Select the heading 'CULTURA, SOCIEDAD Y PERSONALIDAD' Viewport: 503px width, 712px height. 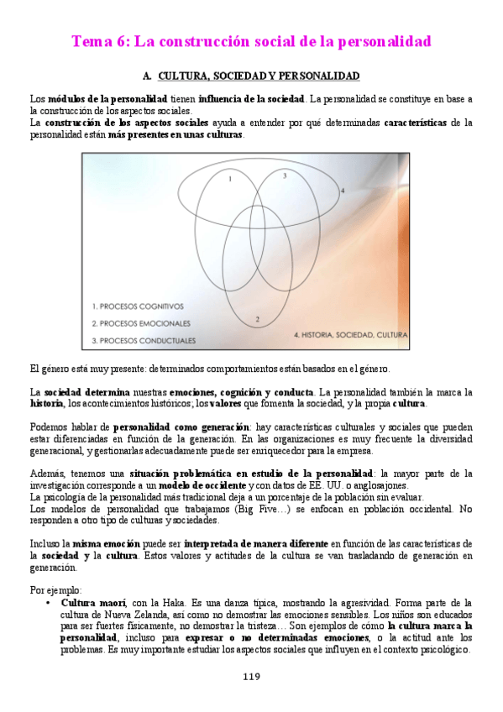click(x=259, y=76)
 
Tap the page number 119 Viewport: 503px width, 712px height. click(x=251, y=678)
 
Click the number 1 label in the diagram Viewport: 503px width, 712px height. click(x=230, y=179)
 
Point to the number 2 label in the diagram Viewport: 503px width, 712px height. click(x=257, y=318)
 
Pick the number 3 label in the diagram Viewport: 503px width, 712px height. click(x=284, y=175)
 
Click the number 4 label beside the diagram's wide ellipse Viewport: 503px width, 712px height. click(x=342, y=191)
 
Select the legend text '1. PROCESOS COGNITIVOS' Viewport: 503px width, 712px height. click(x=138, y=306)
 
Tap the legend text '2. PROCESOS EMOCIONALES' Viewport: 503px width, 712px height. click(x=143, y=323)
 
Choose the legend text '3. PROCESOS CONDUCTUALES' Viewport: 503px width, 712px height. click(x=144, y=340)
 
